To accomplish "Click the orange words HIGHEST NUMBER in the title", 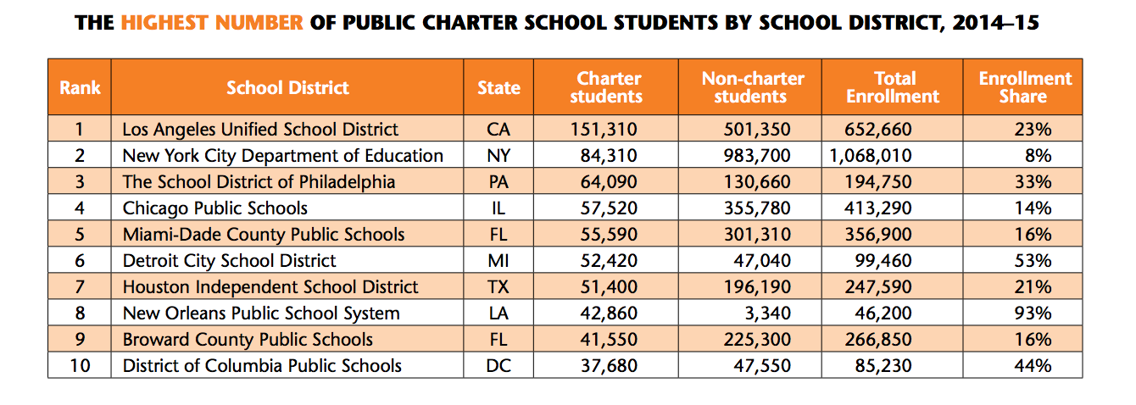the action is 211,23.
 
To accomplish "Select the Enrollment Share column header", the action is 1025,87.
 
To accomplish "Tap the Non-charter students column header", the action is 753,87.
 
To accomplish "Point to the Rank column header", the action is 80,87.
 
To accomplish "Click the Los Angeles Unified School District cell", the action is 260,130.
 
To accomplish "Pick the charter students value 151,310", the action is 604,130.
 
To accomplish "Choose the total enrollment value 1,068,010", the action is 871,156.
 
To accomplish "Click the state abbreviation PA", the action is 498,182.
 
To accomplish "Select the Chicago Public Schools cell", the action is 215,208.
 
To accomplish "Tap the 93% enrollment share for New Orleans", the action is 1033,313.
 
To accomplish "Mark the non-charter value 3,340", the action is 767,313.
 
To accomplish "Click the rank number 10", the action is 80,366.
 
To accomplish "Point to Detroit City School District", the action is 229,261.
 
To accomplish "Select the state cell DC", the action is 498,366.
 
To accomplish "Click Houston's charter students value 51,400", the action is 609,287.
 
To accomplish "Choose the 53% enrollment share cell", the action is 1033,260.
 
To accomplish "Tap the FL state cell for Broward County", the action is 498,340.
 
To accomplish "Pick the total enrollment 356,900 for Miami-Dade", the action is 878,235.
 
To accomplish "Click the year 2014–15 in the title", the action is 995,23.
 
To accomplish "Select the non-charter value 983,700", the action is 757,156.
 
